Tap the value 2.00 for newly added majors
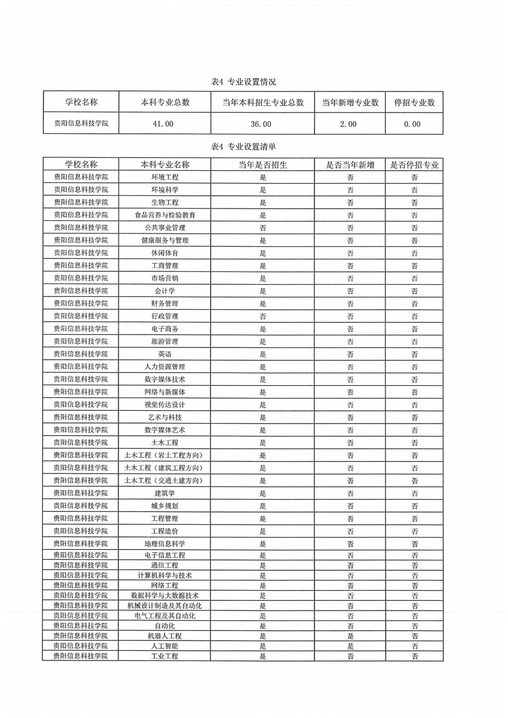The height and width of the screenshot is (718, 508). (348, 124)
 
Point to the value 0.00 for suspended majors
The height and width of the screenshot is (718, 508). (413, 124)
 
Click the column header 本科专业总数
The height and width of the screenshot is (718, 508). (165, 102)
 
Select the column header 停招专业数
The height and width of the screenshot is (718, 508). (414, 102)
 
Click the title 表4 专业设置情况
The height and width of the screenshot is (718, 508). (243, 82)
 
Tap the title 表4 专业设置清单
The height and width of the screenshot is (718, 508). (243, 147)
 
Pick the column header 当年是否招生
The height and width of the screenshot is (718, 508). (263, 164)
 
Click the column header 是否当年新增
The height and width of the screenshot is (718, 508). (350, 164)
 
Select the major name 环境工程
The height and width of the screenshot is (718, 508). (165, 177)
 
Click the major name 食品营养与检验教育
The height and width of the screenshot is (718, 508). (165, 215)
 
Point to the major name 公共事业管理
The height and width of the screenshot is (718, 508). (165, 227)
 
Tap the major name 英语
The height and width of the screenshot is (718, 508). (165, 354)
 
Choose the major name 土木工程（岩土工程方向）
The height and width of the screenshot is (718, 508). (165, 455)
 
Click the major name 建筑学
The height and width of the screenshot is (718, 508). (165, 493)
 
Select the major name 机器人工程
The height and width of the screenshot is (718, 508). (165, 636)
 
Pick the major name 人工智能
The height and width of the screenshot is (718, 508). (165, 646)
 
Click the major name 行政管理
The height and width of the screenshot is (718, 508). (165, 316)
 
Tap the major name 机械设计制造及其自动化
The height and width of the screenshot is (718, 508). (165, 605)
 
